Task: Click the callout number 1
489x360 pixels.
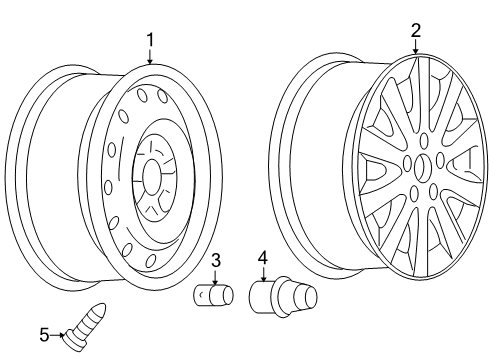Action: pyautogui.click(x=150, y=40)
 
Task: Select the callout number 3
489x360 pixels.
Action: pyautogui.click(x=215, y=261)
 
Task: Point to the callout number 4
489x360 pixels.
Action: pyautogui.click(x=262, y=258)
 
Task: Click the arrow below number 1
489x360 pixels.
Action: pyautogui.click(x=150, y=58)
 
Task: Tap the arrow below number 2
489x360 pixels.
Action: pyautogui.click(x=416, y=48)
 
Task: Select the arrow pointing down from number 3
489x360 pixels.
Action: pyautogui.click(x=215, y=277)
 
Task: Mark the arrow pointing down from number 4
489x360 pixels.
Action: pyautogui.click(x=262, y=274)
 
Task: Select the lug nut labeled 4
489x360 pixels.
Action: pyautogui.click(x=281, y=297)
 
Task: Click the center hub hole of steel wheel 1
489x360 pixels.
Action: pyautogui.click(x=152, y=178)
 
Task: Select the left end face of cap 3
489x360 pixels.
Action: pyautogui.click(x=199, y=298)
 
